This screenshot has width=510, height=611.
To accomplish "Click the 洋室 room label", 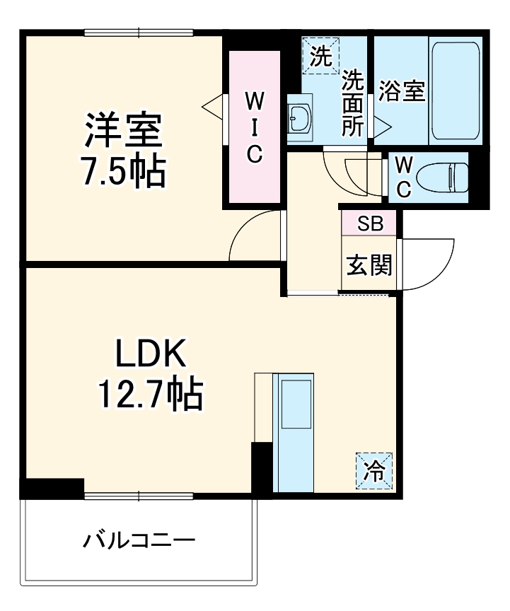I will (124, 130).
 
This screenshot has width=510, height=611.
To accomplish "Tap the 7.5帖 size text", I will (124, 170).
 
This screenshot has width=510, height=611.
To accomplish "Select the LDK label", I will (151, 354).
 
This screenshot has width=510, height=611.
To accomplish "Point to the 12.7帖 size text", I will (151, 395).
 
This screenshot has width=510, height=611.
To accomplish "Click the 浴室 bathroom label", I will (401, 92).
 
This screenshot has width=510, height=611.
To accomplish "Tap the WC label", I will (402, 177).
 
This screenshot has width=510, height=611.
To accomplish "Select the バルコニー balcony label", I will (139, 542).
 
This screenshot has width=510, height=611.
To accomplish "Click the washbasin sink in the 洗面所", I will (299, 118).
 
